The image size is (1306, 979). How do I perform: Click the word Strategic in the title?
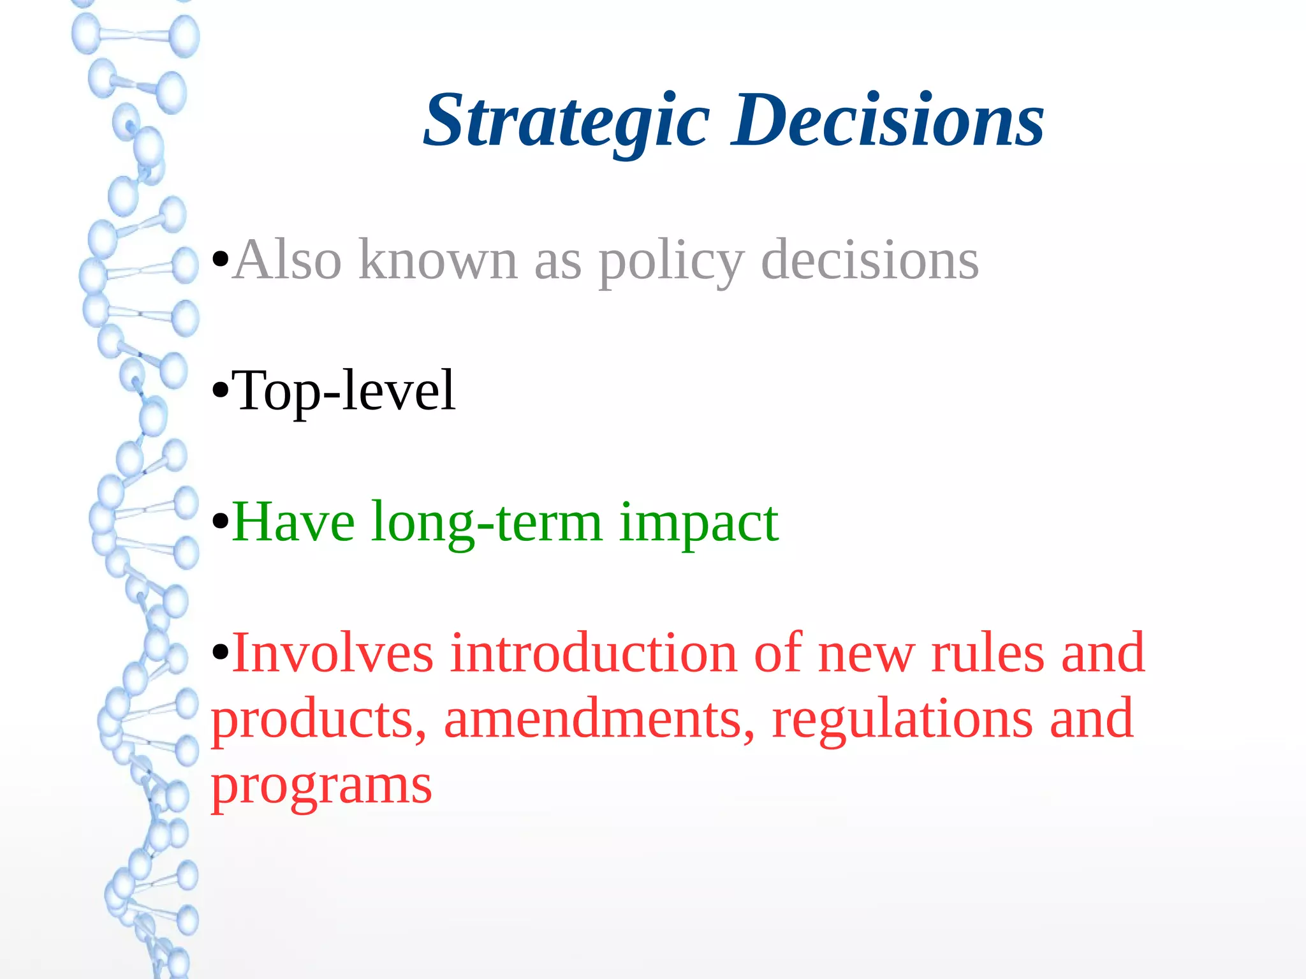tap(566, 121)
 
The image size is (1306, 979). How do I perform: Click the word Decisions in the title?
tap(887, 121)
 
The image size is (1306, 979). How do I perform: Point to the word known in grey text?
tap(438, 260)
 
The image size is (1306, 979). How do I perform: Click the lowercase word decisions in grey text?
tap(870, 260)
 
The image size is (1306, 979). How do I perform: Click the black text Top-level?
tap(344, 391)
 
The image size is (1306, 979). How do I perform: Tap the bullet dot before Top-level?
tap(220, 390)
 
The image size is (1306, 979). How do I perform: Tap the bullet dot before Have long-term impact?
tap(220, 522)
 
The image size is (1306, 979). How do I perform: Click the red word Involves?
tap(333, 653)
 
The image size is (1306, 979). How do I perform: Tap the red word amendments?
tap(598, 719)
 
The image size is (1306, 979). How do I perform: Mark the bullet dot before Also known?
tap(220, 260)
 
